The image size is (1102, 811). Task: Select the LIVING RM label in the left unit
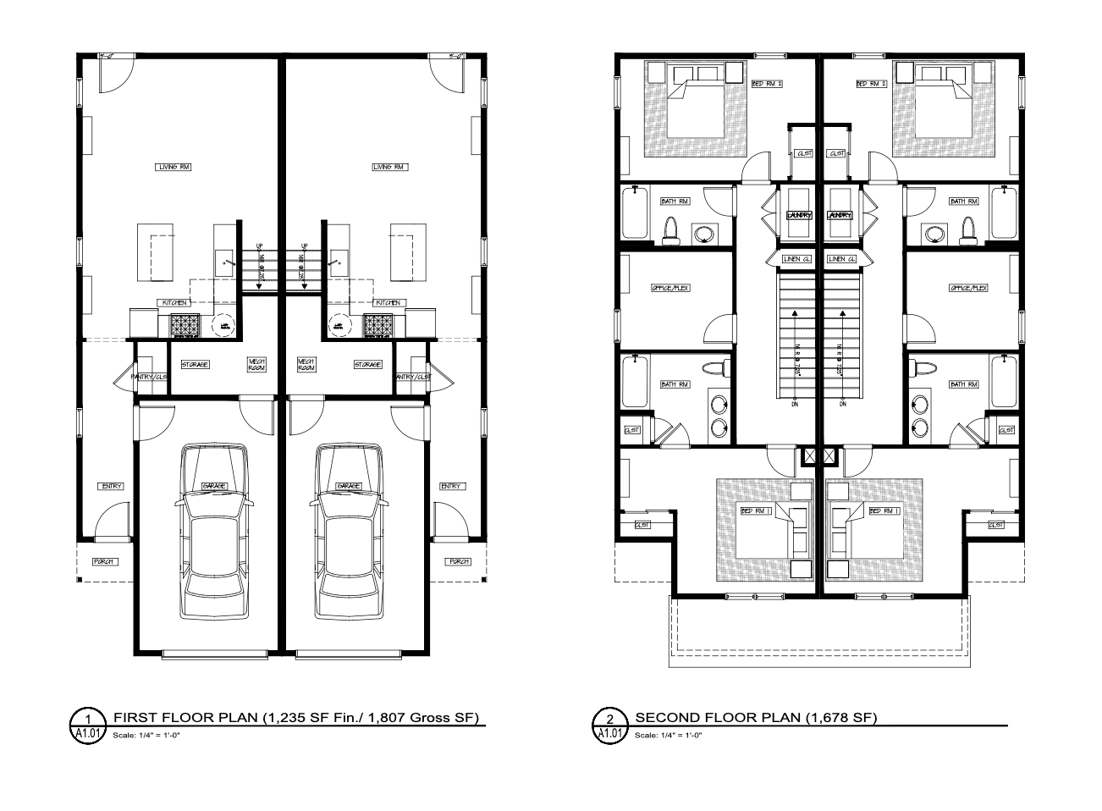tap(174, 167)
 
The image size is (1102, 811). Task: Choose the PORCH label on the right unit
tap(459, 561)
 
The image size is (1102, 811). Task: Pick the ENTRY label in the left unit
tap(112, 486)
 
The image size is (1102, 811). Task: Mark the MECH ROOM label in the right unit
tap(306, 365)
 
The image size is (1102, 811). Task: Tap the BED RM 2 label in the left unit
tap(767, 84)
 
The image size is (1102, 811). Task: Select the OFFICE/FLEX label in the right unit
tap(968, 288)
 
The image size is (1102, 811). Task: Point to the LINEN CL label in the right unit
tap(841, 258)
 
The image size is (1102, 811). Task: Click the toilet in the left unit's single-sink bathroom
tap(672, 229)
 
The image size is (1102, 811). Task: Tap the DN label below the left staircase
tap(795, 404)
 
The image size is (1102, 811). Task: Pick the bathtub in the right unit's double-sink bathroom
tap(1005, 382)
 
